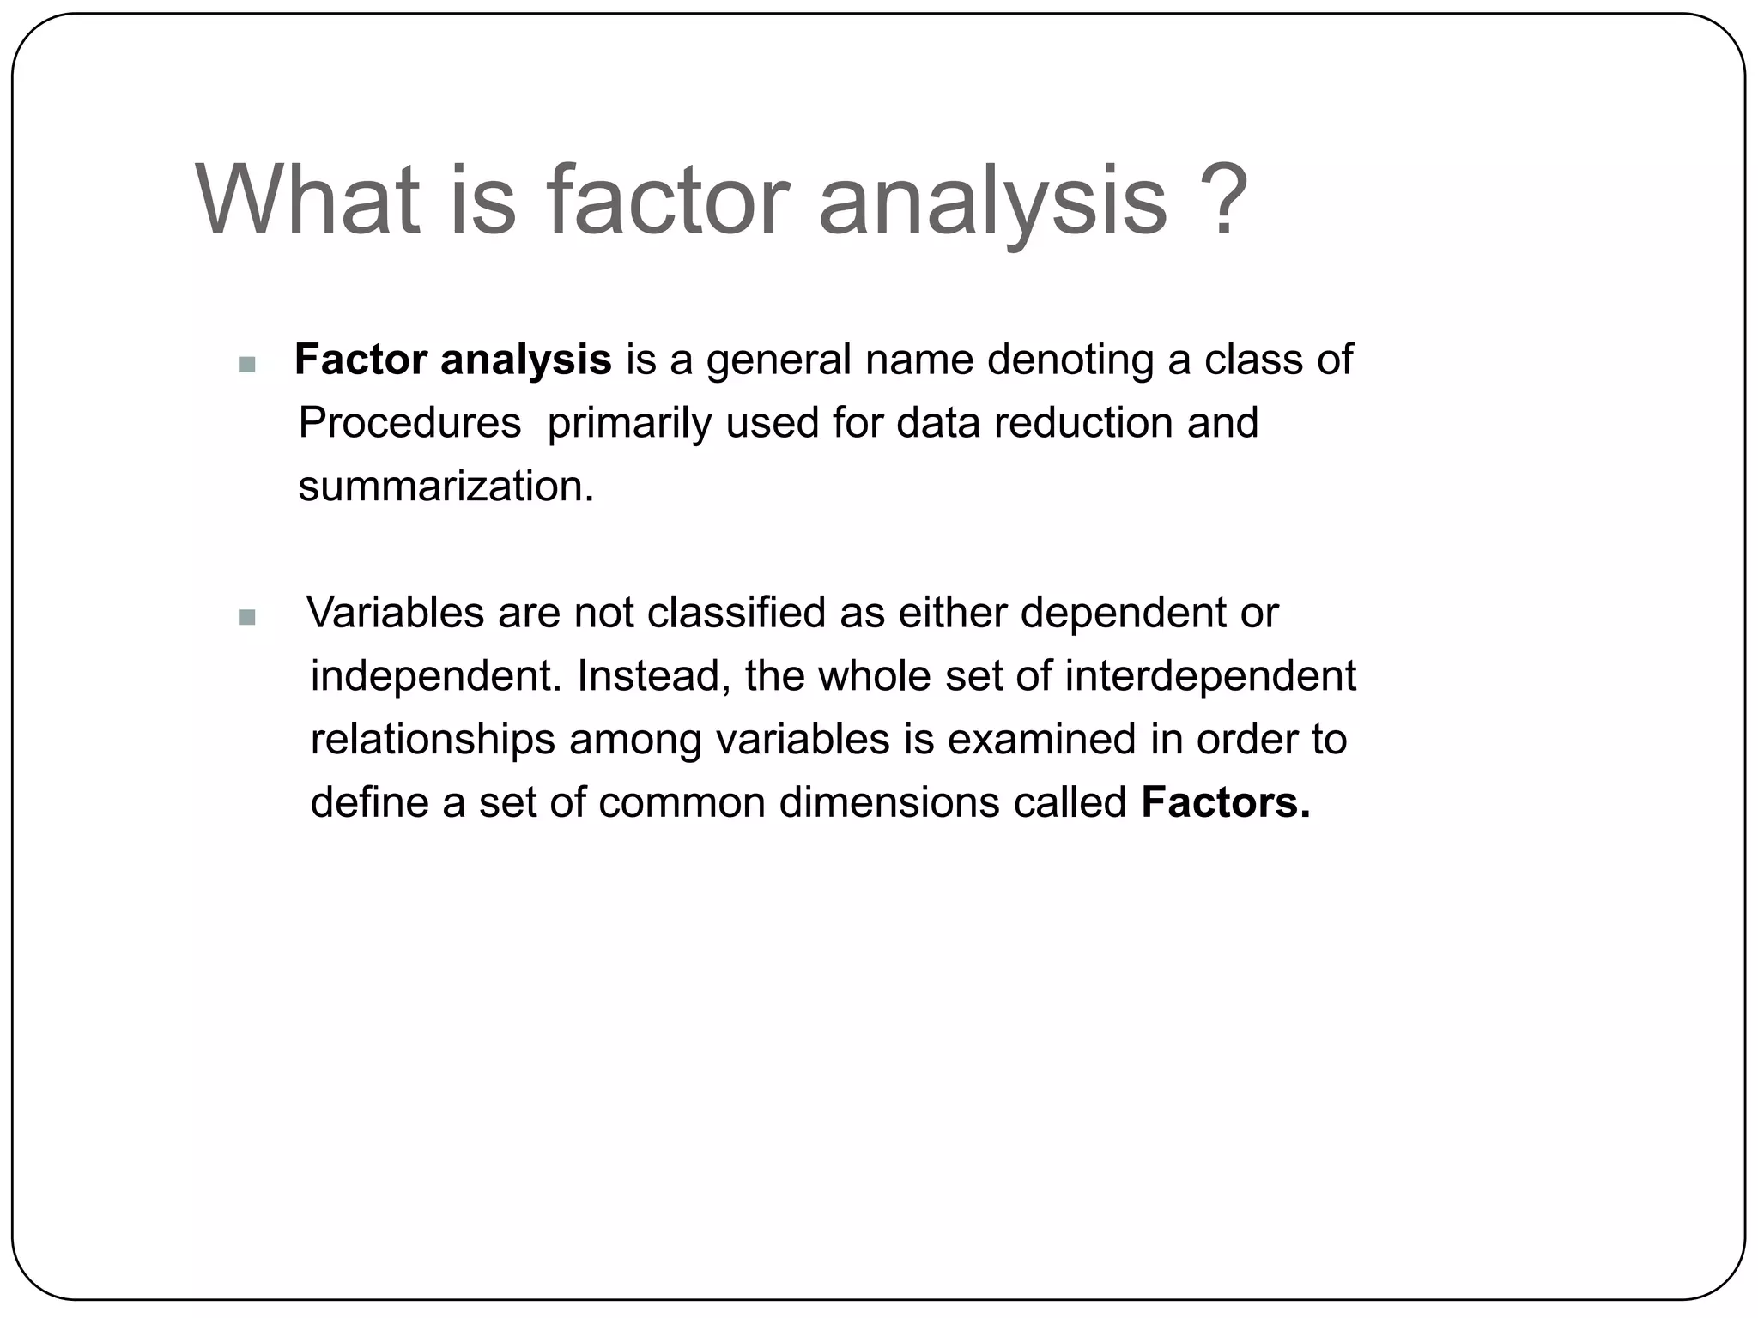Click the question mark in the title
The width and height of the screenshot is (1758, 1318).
[1219, 199]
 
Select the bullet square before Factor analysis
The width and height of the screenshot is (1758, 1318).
[247, 365]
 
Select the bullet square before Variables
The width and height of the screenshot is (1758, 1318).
[247, 617]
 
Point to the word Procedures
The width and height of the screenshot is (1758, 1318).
[409, 423]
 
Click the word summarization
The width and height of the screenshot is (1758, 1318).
[446, 487]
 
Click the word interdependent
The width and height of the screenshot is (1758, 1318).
[1210, 676]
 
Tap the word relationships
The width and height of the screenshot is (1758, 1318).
[433, 740]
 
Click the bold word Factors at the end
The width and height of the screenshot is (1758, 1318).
[1225, 803]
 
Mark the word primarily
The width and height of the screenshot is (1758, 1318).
[629, 423]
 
